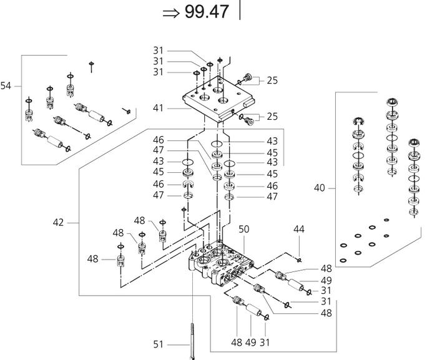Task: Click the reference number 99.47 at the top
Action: (207, 12)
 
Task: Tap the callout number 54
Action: (6, 86)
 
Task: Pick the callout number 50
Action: (244, 230)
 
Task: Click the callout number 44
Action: (299, 230)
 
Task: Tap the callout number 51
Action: (159, 343)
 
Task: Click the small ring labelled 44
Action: (300, 260)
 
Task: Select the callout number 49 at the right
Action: (326, 280)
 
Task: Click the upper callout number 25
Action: (272, 80)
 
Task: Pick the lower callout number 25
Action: (272, 117)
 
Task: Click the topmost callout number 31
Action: (158, 49)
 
